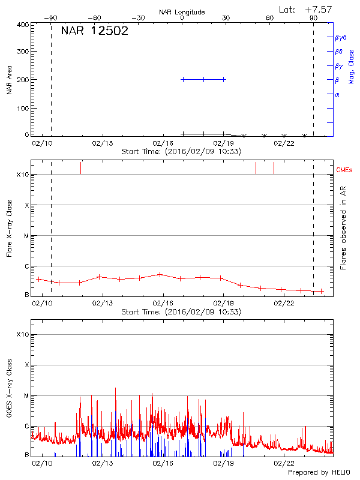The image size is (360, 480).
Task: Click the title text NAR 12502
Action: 94,31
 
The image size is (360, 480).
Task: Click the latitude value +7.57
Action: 318,9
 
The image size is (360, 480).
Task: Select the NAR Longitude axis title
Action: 182,11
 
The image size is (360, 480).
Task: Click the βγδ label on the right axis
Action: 341,37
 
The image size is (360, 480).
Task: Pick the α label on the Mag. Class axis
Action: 337,94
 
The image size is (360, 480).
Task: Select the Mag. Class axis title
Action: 352,66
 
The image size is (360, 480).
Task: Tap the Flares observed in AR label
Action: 343,227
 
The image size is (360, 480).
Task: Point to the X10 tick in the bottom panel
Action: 22,334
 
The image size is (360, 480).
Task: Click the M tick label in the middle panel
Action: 26,236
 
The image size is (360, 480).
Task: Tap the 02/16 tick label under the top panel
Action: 163,143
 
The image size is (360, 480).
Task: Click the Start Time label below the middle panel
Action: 181,312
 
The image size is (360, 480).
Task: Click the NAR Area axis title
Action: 9,80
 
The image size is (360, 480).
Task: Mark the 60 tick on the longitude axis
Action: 270,18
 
